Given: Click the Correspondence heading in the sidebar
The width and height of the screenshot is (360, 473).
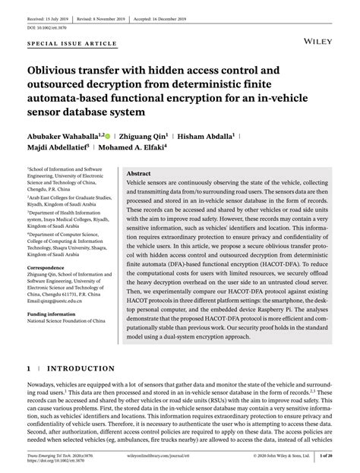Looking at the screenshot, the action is (x=50, y=268).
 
